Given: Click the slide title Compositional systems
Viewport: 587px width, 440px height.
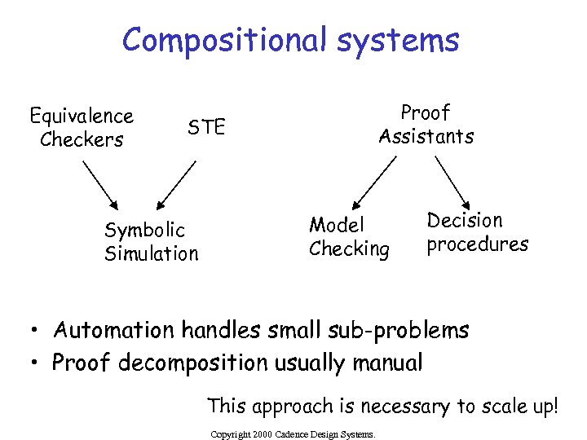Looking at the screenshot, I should (291, 39).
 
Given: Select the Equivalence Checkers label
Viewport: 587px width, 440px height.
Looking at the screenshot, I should (82, 128).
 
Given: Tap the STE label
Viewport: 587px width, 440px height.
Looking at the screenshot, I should (206, 127).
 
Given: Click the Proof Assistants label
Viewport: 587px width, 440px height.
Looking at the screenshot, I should (426, 125).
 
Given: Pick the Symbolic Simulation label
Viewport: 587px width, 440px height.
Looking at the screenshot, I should (151, 242).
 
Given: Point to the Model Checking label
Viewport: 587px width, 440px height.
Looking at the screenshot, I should (349, 237).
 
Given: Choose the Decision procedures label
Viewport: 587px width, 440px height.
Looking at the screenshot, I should (477, 232).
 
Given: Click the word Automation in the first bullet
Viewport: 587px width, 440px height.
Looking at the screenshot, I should (114, 331).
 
